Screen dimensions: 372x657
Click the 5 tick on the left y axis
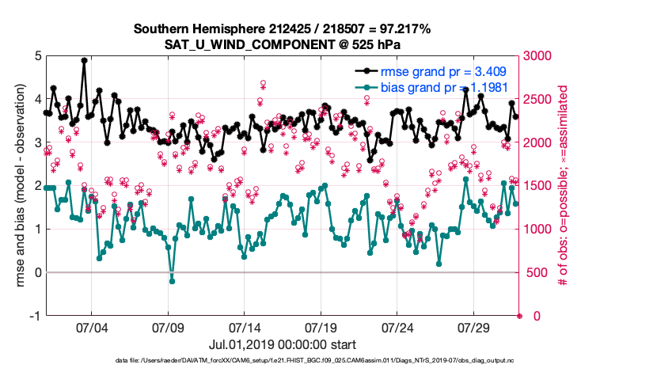38,56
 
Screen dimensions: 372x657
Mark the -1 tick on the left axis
35,316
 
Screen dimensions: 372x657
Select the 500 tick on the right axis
537,273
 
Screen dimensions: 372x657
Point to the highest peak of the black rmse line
84,60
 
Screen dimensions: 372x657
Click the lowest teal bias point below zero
172,281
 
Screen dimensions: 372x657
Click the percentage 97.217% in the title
404,28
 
